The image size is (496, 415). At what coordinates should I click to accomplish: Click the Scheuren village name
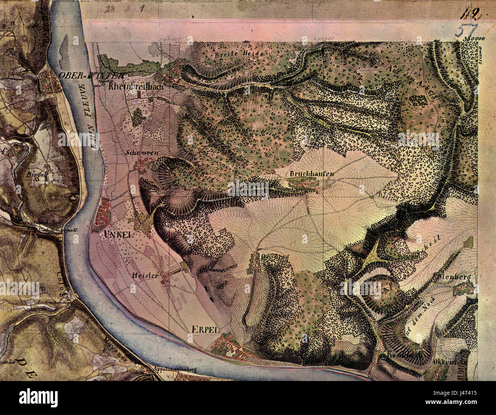tap(141, 152)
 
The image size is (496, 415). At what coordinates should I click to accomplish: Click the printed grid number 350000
tap(474, 38)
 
